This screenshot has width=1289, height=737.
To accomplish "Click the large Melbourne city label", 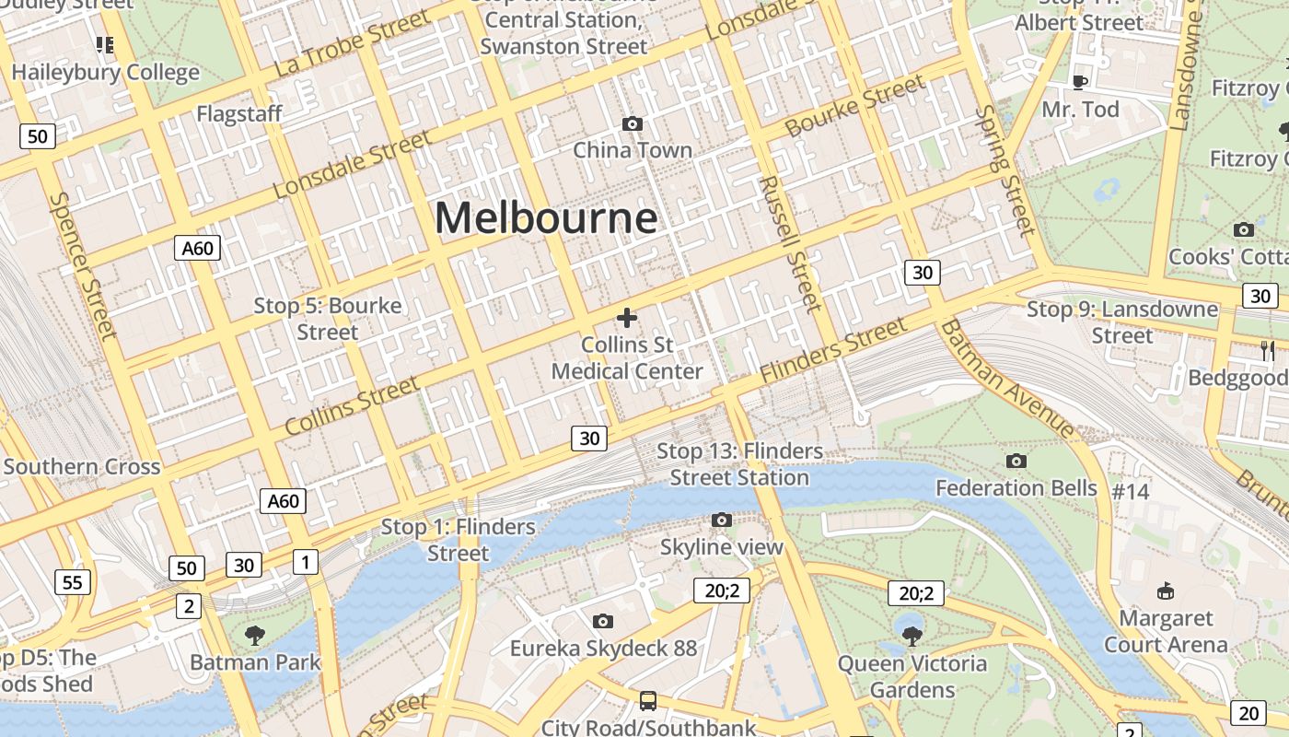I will pos(546,218).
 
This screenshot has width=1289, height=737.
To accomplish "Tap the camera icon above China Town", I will pos(633,123).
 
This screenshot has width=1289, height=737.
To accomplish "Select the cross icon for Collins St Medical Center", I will pos(627,318).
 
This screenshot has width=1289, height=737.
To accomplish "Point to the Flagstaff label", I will pos(239,114).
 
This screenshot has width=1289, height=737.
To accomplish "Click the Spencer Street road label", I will pos(84,265).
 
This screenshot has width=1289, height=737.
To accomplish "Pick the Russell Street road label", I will pos(789,243).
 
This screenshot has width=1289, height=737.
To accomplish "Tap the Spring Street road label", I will pos(1005,170).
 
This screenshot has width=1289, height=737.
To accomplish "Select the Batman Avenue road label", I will pos(1007,379).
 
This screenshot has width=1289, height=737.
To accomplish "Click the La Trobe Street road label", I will pos(353,43).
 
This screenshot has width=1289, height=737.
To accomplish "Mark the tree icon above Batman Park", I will pos(255,634).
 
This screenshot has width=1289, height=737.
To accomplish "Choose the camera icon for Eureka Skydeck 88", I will pos(603,621).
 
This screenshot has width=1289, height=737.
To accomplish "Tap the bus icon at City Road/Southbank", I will pos(648,701).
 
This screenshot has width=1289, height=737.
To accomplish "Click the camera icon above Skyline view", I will pos(722,521).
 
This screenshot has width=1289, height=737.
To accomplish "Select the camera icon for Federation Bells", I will pos(1016,461).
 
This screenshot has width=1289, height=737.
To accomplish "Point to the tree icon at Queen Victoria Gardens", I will pos(912,635).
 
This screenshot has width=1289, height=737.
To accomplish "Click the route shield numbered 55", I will pos(73,581).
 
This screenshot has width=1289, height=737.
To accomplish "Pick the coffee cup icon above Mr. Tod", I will pos(1080,82).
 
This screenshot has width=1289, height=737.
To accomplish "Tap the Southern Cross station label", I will pos(82,466).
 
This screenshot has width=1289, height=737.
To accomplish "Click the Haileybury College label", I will pos(105,72).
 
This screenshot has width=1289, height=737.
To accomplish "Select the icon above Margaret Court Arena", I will pos(1166,590).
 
